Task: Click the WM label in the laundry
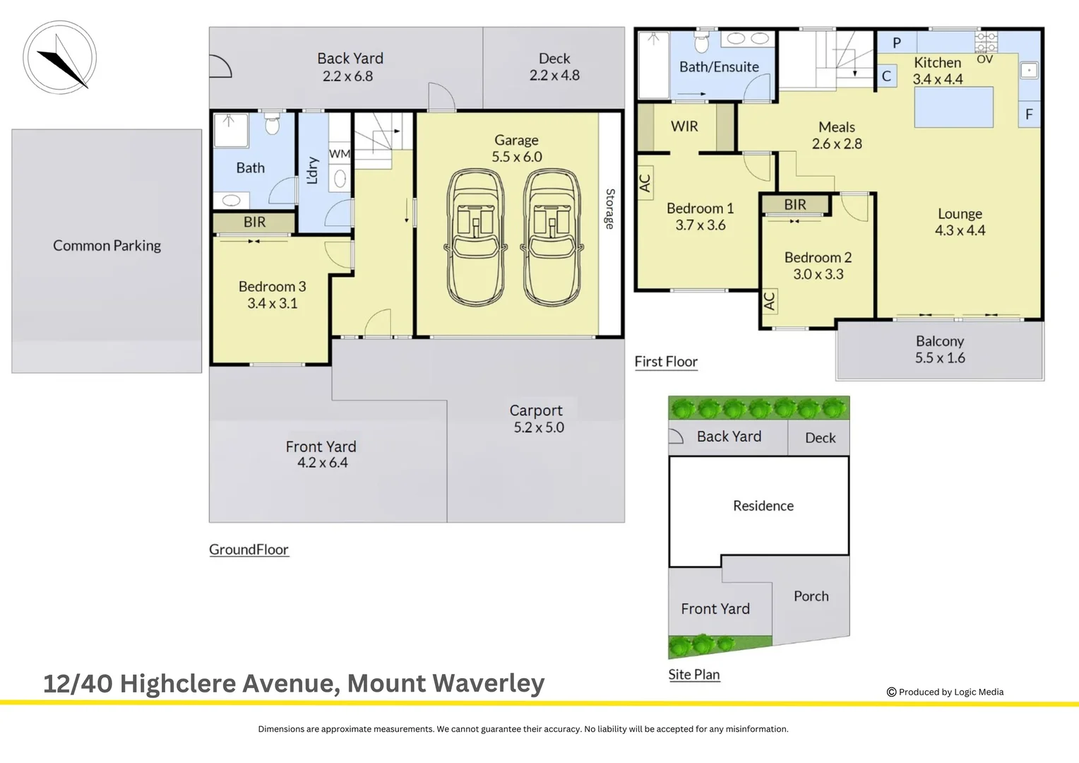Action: coord(340,153)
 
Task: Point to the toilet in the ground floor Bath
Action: coord(273,126)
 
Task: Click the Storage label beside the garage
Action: coord(610,209)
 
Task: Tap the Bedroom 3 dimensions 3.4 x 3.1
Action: coord(273,304)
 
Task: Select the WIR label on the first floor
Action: coord(684,126)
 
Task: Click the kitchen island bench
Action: coord(953,107)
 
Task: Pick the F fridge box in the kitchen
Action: coord(1029,114)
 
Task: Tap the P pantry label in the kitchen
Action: coord(897,43)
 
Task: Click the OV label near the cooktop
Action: coord(984,60)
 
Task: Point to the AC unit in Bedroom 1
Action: coord(645,183)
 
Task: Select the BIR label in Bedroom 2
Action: coord(795,205)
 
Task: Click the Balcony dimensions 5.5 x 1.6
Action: coord(940,358)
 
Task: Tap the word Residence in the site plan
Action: coord(763,506)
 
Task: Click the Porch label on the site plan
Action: coord(811,596)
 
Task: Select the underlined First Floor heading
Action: coord(666,362)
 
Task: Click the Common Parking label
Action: coord(107,246)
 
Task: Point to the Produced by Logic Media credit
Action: coord(946,692)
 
